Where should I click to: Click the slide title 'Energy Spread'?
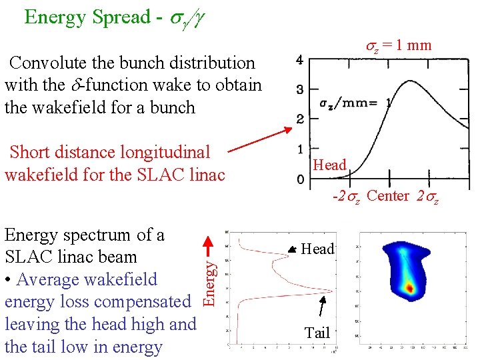tap(87, 17)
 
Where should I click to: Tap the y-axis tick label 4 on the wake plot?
tap(300, 61)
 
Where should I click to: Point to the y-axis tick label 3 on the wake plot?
tap(300, 90)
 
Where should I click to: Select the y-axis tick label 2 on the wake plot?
tap(300, 119)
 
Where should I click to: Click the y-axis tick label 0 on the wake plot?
tap(300, 179)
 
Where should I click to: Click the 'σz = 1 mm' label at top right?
tap(399, 45)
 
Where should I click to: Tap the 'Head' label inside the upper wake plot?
tap(330, 165)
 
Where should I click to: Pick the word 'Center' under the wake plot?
tap(387, 196)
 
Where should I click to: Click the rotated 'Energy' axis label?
tap(209, 283)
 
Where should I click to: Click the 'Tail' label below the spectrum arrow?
tap(317, 333)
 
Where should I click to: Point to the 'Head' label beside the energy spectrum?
tap(318, 249)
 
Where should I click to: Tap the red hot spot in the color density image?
tap(409, 288)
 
